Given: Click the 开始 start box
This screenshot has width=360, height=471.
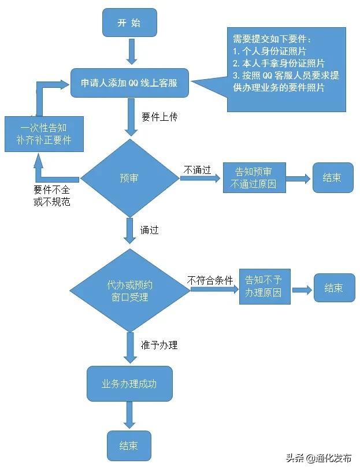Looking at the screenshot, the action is click(129, 23).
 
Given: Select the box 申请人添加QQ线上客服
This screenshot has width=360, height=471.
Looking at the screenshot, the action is click(129, 83).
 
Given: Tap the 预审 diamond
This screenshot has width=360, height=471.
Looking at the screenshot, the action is click(129, 178).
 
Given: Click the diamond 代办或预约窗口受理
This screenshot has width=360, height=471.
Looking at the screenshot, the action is click(129, 291).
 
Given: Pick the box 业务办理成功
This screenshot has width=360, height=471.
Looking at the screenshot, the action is click(129, 384).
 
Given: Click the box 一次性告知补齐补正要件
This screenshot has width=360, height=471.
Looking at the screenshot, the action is click(44, 134).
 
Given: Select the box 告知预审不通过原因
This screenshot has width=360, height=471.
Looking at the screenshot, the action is click(254, 177).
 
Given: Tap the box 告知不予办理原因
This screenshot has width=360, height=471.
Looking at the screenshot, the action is click(265, 287).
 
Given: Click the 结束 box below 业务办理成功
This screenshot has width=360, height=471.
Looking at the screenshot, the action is click(129, 446).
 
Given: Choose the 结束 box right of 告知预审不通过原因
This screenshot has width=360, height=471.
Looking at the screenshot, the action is click(333, 177).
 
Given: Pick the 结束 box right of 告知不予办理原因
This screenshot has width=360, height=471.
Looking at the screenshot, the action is click(334, 287).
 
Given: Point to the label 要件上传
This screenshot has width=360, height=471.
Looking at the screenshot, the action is click(159, 117).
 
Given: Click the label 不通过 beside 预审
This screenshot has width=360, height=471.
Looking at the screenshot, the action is click(197, 170).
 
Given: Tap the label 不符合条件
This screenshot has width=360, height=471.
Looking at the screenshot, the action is click(210, 280).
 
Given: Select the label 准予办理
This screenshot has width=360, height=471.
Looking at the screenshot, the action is click(159, 345).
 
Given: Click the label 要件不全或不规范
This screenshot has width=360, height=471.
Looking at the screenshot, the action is click(51, 195).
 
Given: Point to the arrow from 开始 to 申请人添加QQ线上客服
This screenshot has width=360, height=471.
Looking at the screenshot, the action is click(132, 51).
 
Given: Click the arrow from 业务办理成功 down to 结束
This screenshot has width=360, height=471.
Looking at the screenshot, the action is click(129, 415).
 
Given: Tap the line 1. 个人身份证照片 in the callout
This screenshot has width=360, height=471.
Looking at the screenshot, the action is click(269, 51).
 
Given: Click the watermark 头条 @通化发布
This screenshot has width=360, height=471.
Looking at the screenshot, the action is click(319, 458).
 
